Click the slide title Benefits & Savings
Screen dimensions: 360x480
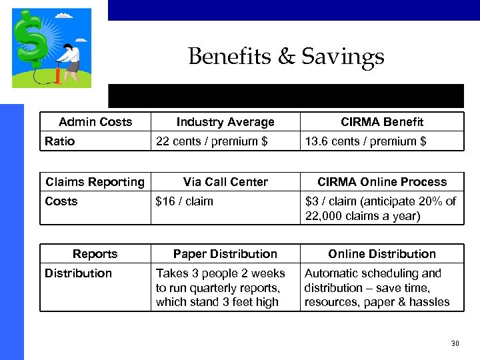pos(286,56)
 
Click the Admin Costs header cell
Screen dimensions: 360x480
pos(95,121)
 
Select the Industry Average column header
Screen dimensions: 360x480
pos(225,122)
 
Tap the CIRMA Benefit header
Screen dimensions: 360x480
pos(382,122)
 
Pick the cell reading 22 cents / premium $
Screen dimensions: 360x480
pos(211,141)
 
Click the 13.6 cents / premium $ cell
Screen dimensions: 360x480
pos(365,141)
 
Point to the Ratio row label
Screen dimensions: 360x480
pos(60,141)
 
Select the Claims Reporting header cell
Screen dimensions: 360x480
pos(95,182)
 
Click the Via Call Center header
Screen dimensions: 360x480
pos(225,182)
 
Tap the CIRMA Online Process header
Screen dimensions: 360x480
pos(382,182)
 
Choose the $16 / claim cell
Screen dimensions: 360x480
pos(184,201)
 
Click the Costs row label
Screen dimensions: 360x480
pos(61,201)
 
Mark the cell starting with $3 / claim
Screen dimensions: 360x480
pos(380,209)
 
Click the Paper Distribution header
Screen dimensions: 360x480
pos(225,254)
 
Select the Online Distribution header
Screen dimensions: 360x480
pos(382,254)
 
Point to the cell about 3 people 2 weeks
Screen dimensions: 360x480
pos(221,287)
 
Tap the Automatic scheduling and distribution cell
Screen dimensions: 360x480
pos(377,287)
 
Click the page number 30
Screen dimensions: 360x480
pos(455,343)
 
